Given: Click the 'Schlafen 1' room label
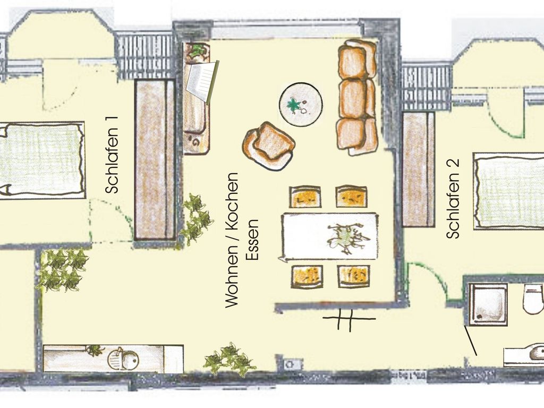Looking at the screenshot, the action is pos(112,155).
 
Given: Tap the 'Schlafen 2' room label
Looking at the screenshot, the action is pos(453,199).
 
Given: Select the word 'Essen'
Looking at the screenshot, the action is pos(252,240).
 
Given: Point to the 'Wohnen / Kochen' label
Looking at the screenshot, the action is pos(232,240).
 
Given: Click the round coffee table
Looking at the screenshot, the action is pos(301,104).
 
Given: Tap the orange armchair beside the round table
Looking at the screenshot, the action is pos(269,145).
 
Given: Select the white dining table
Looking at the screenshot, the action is pos(329,236).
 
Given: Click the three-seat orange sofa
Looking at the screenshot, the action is pos(357,98).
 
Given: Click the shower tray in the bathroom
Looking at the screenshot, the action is pos(488,304).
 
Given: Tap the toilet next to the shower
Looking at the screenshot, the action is pos(534,298).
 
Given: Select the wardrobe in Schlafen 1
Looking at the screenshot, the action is pos(155,159).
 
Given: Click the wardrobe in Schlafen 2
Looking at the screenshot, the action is pos(419,169).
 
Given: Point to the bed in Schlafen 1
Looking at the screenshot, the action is pos(42,160).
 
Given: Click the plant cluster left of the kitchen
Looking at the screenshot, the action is pos(63,270).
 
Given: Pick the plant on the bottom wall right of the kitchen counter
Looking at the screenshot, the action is pos(229,360).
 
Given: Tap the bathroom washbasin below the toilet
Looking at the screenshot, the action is pos(524,355).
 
